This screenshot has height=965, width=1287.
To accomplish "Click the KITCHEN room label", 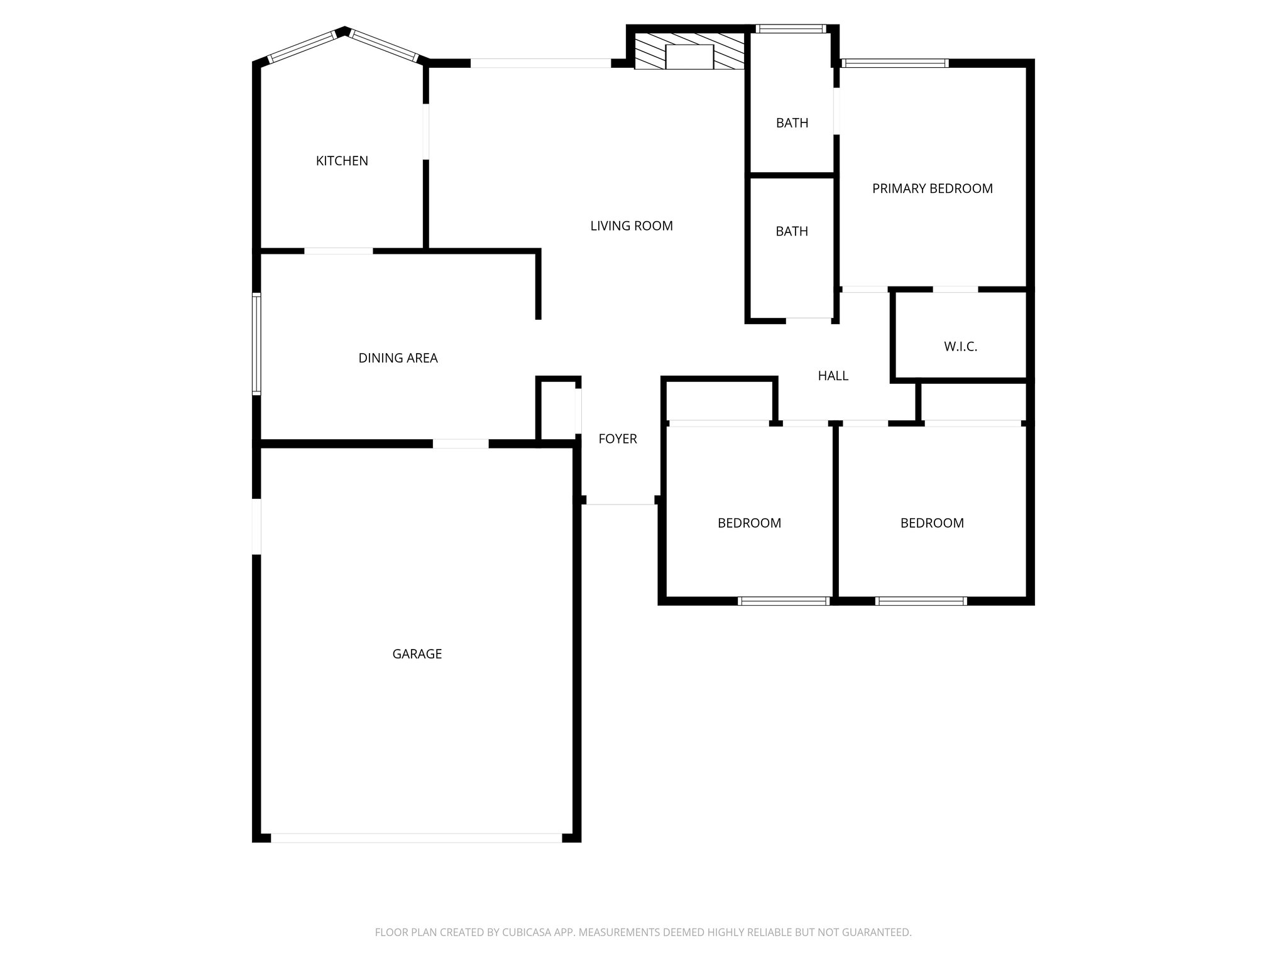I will click(342, 161).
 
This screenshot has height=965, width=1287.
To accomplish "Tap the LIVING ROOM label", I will click(631, 226).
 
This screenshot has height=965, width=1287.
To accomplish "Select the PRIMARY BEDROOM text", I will click(932, 188).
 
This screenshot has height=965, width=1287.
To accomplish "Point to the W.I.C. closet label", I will click(960, 347).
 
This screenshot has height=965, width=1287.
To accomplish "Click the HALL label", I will click(833, 376).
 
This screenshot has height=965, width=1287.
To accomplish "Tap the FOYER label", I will click(617, 439).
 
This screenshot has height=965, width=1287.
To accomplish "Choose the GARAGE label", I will click(417, 654).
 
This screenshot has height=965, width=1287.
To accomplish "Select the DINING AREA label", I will click(398, 358).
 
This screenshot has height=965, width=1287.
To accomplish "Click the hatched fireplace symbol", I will click(689, 51).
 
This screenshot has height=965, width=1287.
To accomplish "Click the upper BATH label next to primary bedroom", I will click(792, 123).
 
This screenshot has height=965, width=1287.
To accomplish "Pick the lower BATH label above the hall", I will click(792, 232).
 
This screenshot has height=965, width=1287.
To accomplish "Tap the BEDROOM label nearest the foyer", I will click(749, 523).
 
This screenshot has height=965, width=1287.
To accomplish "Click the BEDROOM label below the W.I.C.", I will click(931, 523).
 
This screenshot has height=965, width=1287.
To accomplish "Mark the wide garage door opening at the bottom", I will click(416, 837).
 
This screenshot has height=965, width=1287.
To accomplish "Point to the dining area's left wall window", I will click(256, 344).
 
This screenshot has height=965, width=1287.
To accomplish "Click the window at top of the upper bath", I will click(791, 29).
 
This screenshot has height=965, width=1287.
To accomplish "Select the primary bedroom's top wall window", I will click(894, 63).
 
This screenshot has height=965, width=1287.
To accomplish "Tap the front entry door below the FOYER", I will click(620, 503).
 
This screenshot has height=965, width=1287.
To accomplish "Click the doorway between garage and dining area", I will click(460, 444).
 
